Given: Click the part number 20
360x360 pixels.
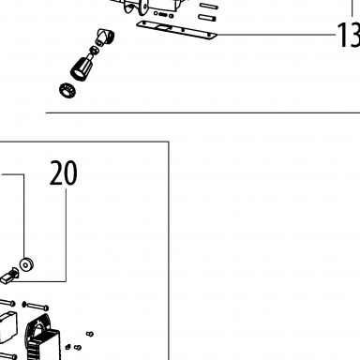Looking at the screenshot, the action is [x=64, y=172].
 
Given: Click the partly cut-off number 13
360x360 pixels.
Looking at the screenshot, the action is [x=349, y=35].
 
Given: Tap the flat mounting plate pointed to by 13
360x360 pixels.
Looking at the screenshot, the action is [x=176, y=30].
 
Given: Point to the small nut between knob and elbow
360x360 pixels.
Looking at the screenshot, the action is [x=94, y=50].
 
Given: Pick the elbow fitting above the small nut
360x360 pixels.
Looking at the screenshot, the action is [x=105, y=37].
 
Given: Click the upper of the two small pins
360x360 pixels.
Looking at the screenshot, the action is [x=208, y=6].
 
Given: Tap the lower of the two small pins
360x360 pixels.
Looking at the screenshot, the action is [x=207, y=18].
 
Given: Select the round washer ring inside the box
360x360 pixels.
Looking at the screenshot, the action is [x=26, y=264].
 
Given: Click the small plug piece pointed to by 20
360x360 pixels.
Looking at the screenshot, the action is [x=9, y=277].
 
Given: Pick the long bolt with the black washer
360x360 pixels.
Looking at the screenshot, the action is [x=36, y=306].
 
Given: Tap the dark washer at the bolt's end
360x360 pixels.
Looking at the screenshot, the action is [x=24, y=305].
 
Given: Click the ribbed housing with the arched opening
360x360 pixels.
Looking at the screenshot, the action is [x=42, y=337].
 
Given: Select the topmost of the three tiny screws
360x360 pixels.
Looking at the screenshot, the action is [x=90, y=334].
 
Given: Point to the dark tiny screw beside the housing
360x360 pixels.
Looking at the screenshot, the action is [x=67, y=347].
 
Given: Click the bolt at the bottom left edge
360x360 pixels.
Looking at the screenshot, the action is [x=7, y=356].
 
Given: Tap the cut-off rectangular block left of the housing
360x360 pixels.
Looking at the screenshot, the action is [x=7, y=327].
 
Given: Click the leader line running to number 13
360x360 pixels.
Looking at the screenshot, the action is [x=277, y=35].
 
